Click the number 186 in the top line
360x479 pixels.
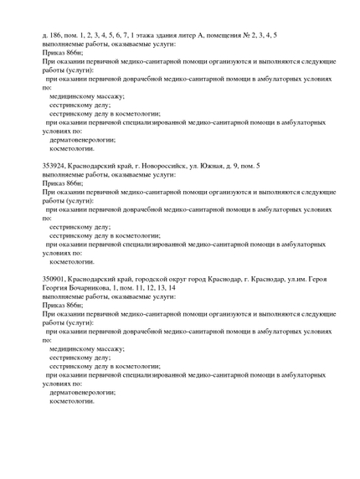point(56,35)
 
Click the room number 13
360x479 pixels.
point(160,288)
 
